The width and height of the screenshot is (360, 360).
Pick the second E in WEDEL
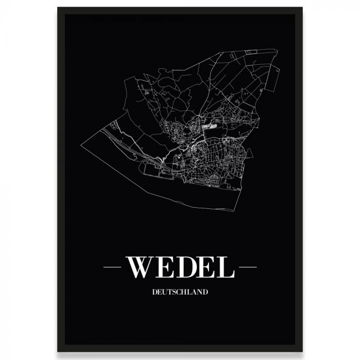click(206, 267)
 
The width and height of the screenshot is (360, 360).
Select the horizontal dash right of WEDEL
click(247, 267)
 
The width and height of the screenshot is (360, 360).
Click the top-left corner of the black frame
click(58, 8)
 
